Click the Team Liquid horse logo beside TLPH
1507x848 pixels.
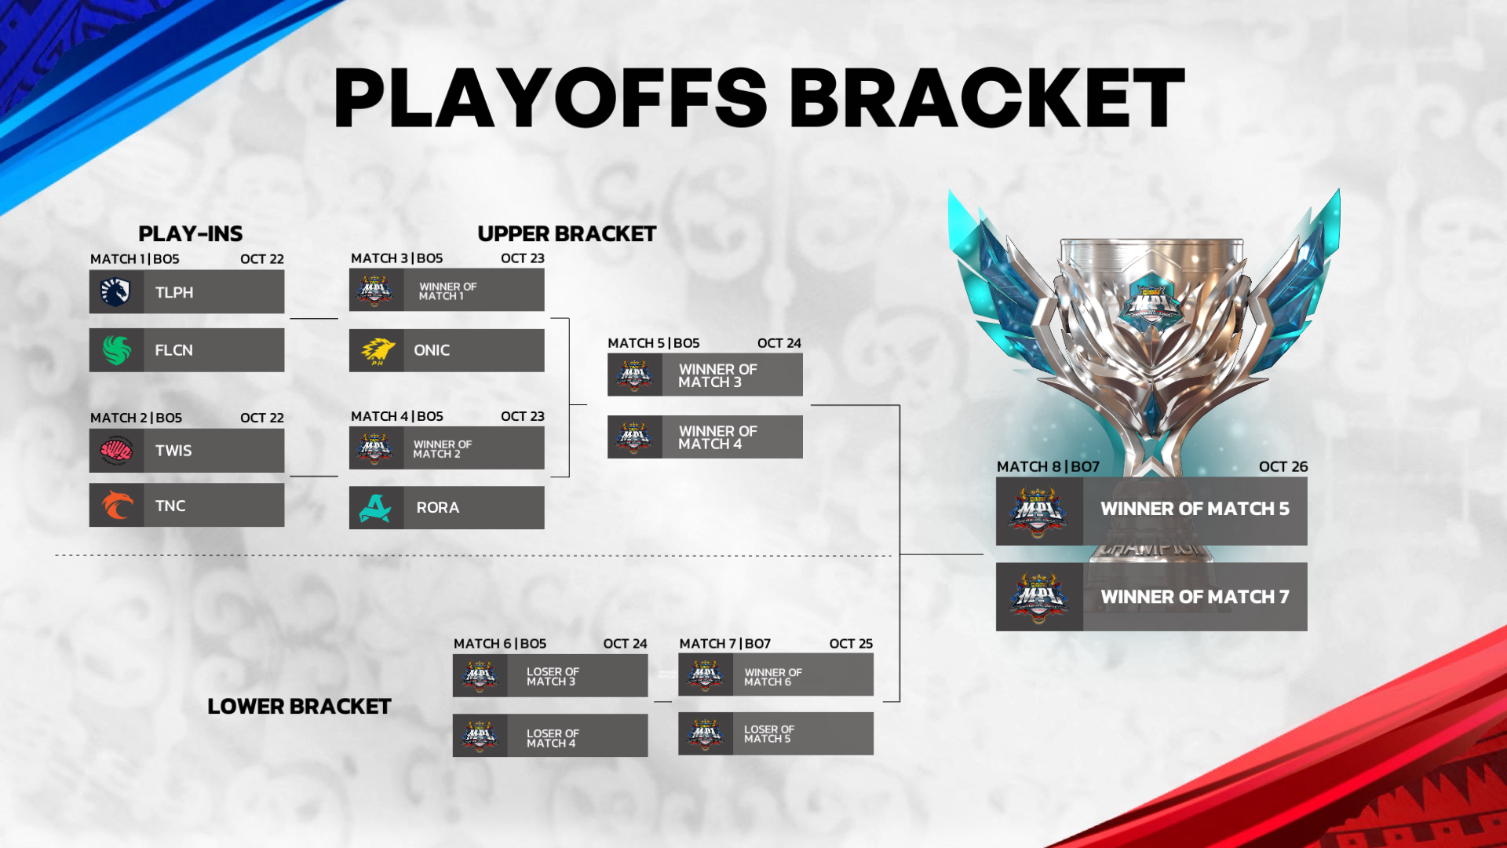click(x=115, y=292)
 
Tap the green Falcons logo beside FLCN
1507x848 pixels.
click(x=116, y=350)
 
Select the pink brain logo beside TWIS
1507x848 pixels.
click(x=116, y=451)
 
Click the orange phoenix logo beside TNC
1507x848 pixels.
click(x=116, y=506)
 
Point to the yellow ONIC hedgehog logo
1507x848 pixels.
click(x=377, y=351)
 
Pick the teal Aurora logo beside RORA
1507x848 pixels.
click(x=376, y=508)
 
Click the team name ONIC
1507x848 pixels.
click(x=432, y=351)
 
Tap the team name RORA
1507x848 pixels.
click(x=437, y=508)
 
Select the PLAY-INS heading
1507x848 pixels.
click(x=190, y=234)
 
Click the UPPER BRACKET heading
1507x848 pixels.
click(x=567, y=234)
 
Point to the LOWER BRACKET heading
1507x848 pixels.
click(x=299, y=707)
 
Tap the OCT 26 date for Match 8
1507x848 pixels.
click(x=1283, y=467)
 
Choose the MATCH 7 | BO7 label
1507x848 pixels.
click(x=724, y=644)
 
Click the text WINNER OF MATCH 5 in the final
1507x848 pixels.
click(x=1195, y=509)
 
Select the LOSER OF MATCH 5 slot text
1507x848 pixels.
click(x=768, y=734)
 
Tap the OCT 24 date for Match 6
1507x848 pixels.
click(x=625, y=644)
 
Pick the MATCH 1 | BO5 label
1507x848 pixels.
click(x=134, y=259)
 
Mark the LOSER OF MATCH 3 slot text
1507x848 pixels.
click(x=553, y=677)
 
